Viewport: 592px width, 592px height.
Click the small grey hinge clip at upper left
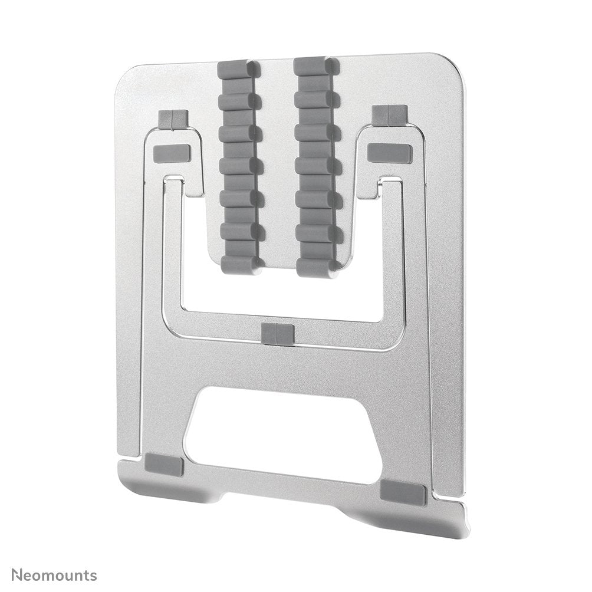click(x=173, y=119)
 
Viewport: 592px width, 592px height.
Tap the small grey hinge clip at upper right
click(x=389, y=115)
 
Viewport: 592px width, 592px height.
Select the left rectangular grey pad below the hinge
click(x=171, y=153)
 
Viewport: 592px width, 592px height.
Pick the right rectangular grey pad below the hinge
click(x=389, y=153)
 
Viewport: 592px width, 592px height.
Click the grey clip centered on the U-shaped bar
click(x=277, y=334)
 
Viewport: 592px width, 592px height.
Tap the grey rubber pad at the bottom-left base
click(x=164, y=465)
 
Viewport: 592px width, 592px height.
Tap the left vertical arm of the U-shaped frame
click(x=172, y=248)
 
